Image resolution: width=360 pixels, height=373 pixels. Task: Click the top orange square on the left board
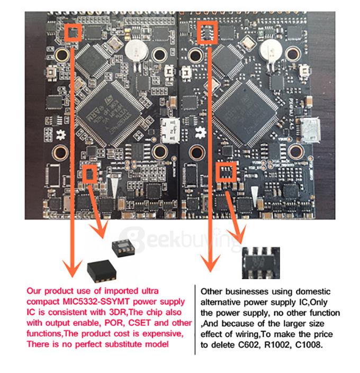point(74,32)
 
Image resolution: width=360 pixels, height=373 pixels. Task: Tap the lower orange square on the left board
point(91,172)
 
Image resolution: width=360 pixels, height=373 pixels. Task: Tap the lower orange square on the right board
point(226,171)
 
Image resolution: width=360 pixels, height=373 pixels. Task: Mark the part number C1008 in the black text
point(321,342)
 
